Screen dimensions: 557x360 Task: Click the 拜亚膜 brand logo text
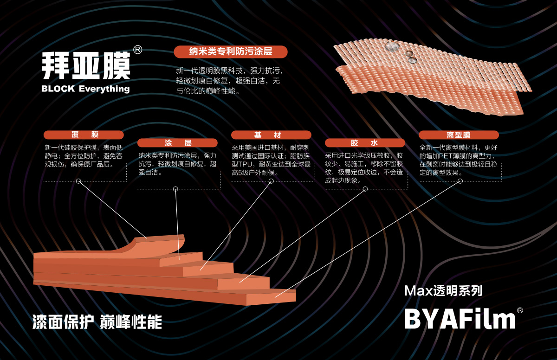tap(86, 65)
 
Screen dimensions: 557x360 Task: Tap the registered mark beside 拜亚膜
tap(137, 50)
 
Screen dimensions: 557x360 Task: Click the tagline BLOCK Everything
tap(85, 89)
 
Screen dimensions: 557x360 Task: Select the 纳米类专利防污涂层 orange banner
tap(231, 51)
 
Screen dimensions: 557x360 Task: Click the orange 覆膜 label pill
tap(84, 135)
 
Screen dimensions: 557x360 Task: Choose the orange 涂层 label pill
tap(177, 142)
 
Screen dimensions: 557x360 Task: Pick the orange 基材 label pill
tap(271, 135)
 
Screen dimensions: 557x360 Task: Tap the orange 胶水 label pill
tap(365, 142)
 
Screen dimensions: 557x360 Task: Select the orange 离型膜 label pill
tap(459, 135)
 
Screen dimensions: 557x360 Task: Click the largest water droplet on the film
tap(392, 47)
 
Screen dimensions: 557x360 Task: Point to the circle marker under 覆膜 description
tap(78, 181)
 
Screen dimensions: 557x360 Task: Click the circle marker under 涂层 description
tap(175, 189)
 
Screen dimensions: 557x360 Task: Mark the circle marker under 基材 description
tap(271, 181)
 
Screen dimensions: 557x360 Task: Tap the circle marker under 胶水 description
tap(365, 189)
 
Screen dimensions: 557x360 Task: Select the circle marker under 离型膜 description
tap(460, 181)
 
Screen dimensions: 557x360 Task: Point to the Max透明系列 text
tap(443, 290)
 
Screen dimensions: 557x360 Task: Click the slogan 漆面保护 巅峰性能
tap(97, 322)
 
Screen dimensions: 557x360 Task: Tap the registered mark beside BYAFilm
tap(520, 310)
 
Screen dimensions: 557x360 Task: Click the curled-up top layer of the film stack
tap(159, 245)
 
